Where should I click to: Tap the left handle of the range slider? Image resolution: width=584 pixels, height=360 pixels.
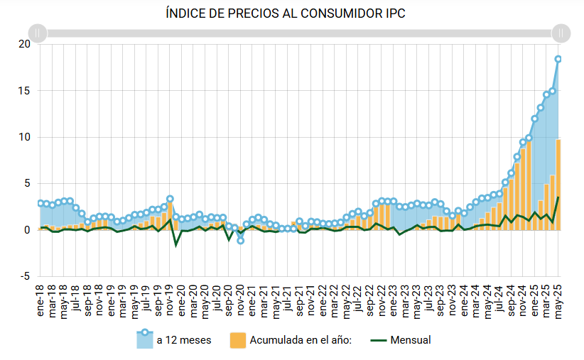[x=38, y=33]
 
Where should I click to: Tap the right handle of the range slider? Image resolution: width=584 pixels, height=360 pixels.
[x=561, y=33]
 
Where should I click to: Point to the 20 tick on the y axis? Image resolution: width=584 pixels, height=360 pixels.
[x=25, y=44]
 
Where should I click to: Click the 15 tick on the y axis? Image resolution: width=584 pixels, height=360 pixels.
[x=25, y=91]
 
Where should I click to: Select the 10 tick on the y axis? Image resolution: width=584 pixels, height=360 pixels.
[x=25, y=137]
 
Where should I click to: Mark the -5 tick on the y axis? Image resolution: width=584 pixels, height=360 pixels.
[x=25, y=276]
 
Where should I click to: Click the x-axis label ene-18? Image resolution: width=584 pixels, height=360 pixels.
[x=40, y=298]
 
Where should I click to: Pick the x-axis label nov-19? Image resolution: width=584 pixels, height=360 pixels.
[x=170, y=298]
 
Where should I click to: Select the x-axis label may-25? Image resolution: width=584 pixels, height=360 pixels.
[x=558, y=298]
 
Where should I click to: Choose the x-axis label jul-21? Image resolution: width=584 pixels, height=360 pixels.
[x=288, y=298]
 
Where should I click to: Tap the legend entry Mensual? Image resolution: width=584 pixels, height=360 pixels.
[x=411, y=340]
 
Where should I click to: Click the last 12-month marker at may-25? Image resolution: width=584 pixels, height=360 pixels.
[x=558, y=59]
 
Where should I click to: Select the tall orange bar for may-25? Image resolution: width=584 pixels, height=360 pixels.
[x=558, y=185]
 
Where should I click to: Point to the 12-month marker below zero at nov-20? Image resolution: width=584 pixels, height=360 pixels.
[x=241, y=241]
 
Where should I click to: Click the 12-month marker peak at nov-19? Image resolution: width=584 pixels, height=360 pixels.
[x=170, y=199]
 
